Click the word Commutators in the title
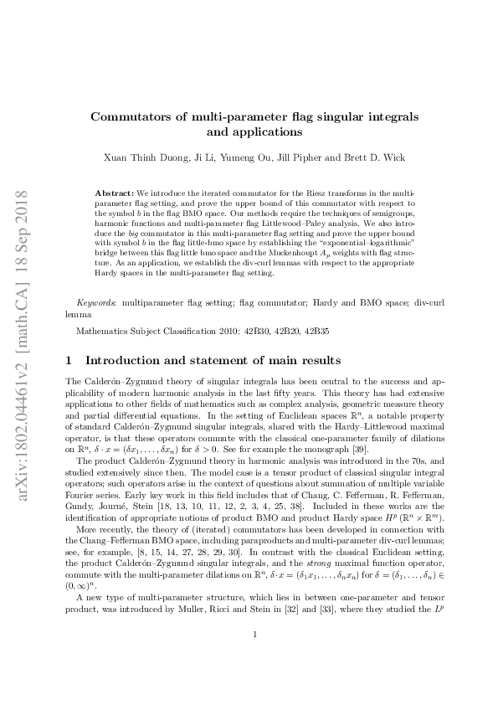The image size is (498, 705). pos(133,116)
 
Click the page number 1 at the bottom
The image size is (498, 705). pos(253,659)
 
